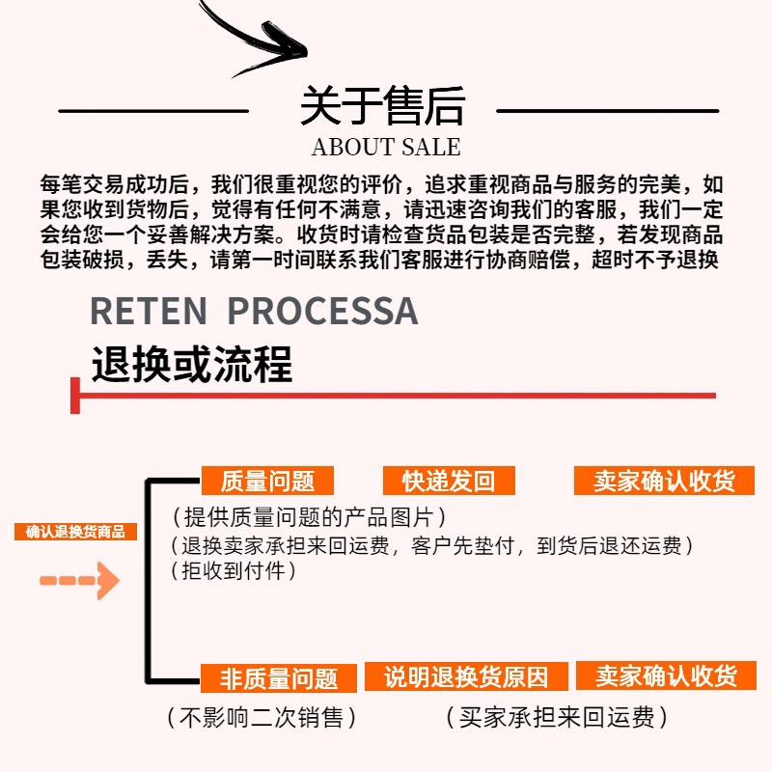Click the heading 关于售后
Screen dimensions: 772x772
pos(382,106)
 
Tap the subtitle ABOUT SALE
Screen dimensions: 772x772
pos(386,148)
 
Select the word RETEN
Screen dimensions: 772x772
pos(149,311)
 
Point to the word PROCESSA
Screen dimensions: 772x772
pos(322,311)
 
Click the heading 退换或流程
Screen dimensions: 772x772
pos(191,365)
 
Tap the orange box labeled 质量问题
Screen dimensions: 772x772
pos(267,481)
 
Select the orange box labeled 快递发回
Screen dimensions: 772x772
pos(447,481)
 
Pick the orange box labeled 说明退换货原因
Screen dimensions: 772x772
pos(465,676)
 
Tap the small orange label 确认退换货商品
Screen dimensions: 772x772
pos(76,532)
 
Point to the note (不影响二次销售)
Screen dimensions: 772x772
pos(261,718)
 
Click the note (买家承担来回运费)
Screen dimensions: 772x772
pos(557,718)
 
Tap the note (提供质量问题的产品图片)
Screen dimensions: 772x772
pos(308,516)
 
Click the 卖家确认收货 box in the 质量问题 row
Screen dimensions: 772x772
pos(664,481)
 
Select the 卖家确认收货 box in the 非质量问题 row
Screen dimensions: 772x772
pos(666,675)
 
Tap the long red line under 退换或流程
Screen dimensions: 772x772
pos(396,395)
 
